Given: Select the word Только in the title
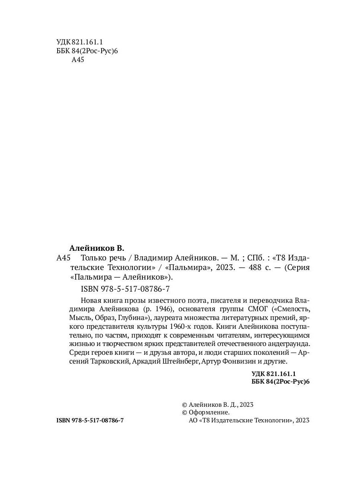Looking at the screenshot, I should pyautogui.click(x=92, y=257).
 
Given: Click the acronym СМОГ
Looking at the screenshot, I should pyautogui.click(x=256, y=310).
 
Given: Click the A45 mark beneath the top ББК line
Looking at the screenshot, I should pyautogui.click(x=78, y=60).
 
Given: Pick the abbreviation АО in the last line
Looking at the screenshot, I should pyautogui.click(x=192, y=420).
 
